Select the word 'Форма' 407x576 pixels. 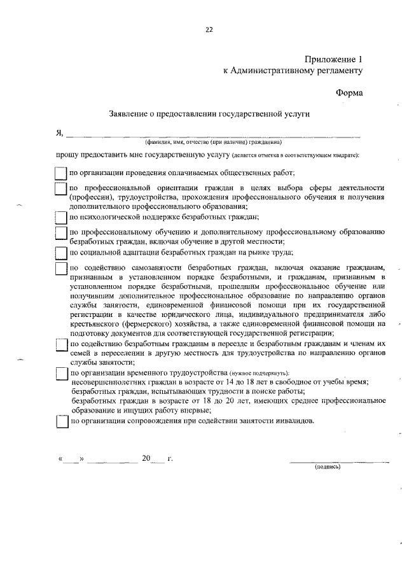pyautogui.click(x=349, y=93)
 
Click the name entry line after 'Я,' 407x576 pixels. pyautogui.click(x=213, y=136)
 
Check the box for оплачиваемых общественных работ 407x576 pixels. pyautogui.click(x=60, y=173)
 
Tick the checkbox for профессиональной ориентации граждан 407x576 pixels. pyautogui.click(x=60, y=189)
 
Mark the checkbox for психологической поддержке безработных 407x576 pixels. pyautogui.click(x=60, y=216)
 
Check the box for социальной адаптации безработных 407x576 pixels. pyautogui.click(x=60, y=253)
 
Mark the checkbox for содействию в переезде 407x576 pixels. pyautogui.click(x=60, y=344)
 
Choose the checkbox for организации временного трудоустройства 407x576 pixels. pyautogui.click(x=60, y=373)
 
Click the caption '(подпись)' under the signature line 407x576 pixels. pyautogui.click(x=328, y=467)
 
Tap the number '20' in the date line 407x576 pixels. pyautogui.click(x=148, y=458)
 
